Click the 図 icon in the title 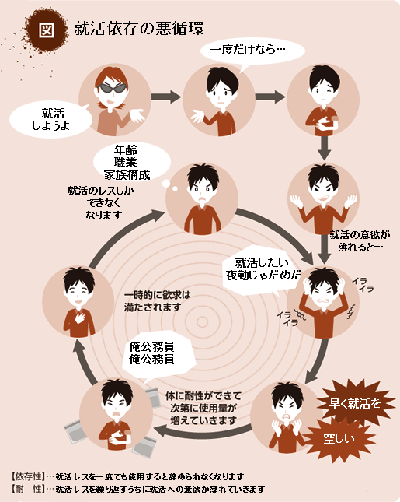coord(47,30)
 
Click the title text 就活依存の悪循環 coord(139,28)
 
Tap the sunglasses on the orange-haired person coord(112,88)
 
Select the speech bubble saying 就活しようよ coord(51,119)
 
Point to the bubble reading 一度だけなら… coord(252,51)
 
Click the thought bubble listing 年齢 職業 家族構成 coord(131,163)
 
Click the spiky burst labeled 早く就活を coord(355,402)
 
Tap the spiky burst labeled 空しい coord(339,438)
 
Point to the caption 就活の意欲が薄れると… coord(360,240)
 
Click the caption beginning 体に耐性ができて coord(203,408)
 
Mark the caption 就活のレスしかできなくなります coord(101,202)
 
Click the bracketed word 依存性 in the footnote coord(27,476)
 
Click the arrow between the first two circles coord(166,97)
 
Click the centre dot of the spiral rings coord(202,321)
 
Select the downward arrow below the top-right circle coord(325,148)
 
